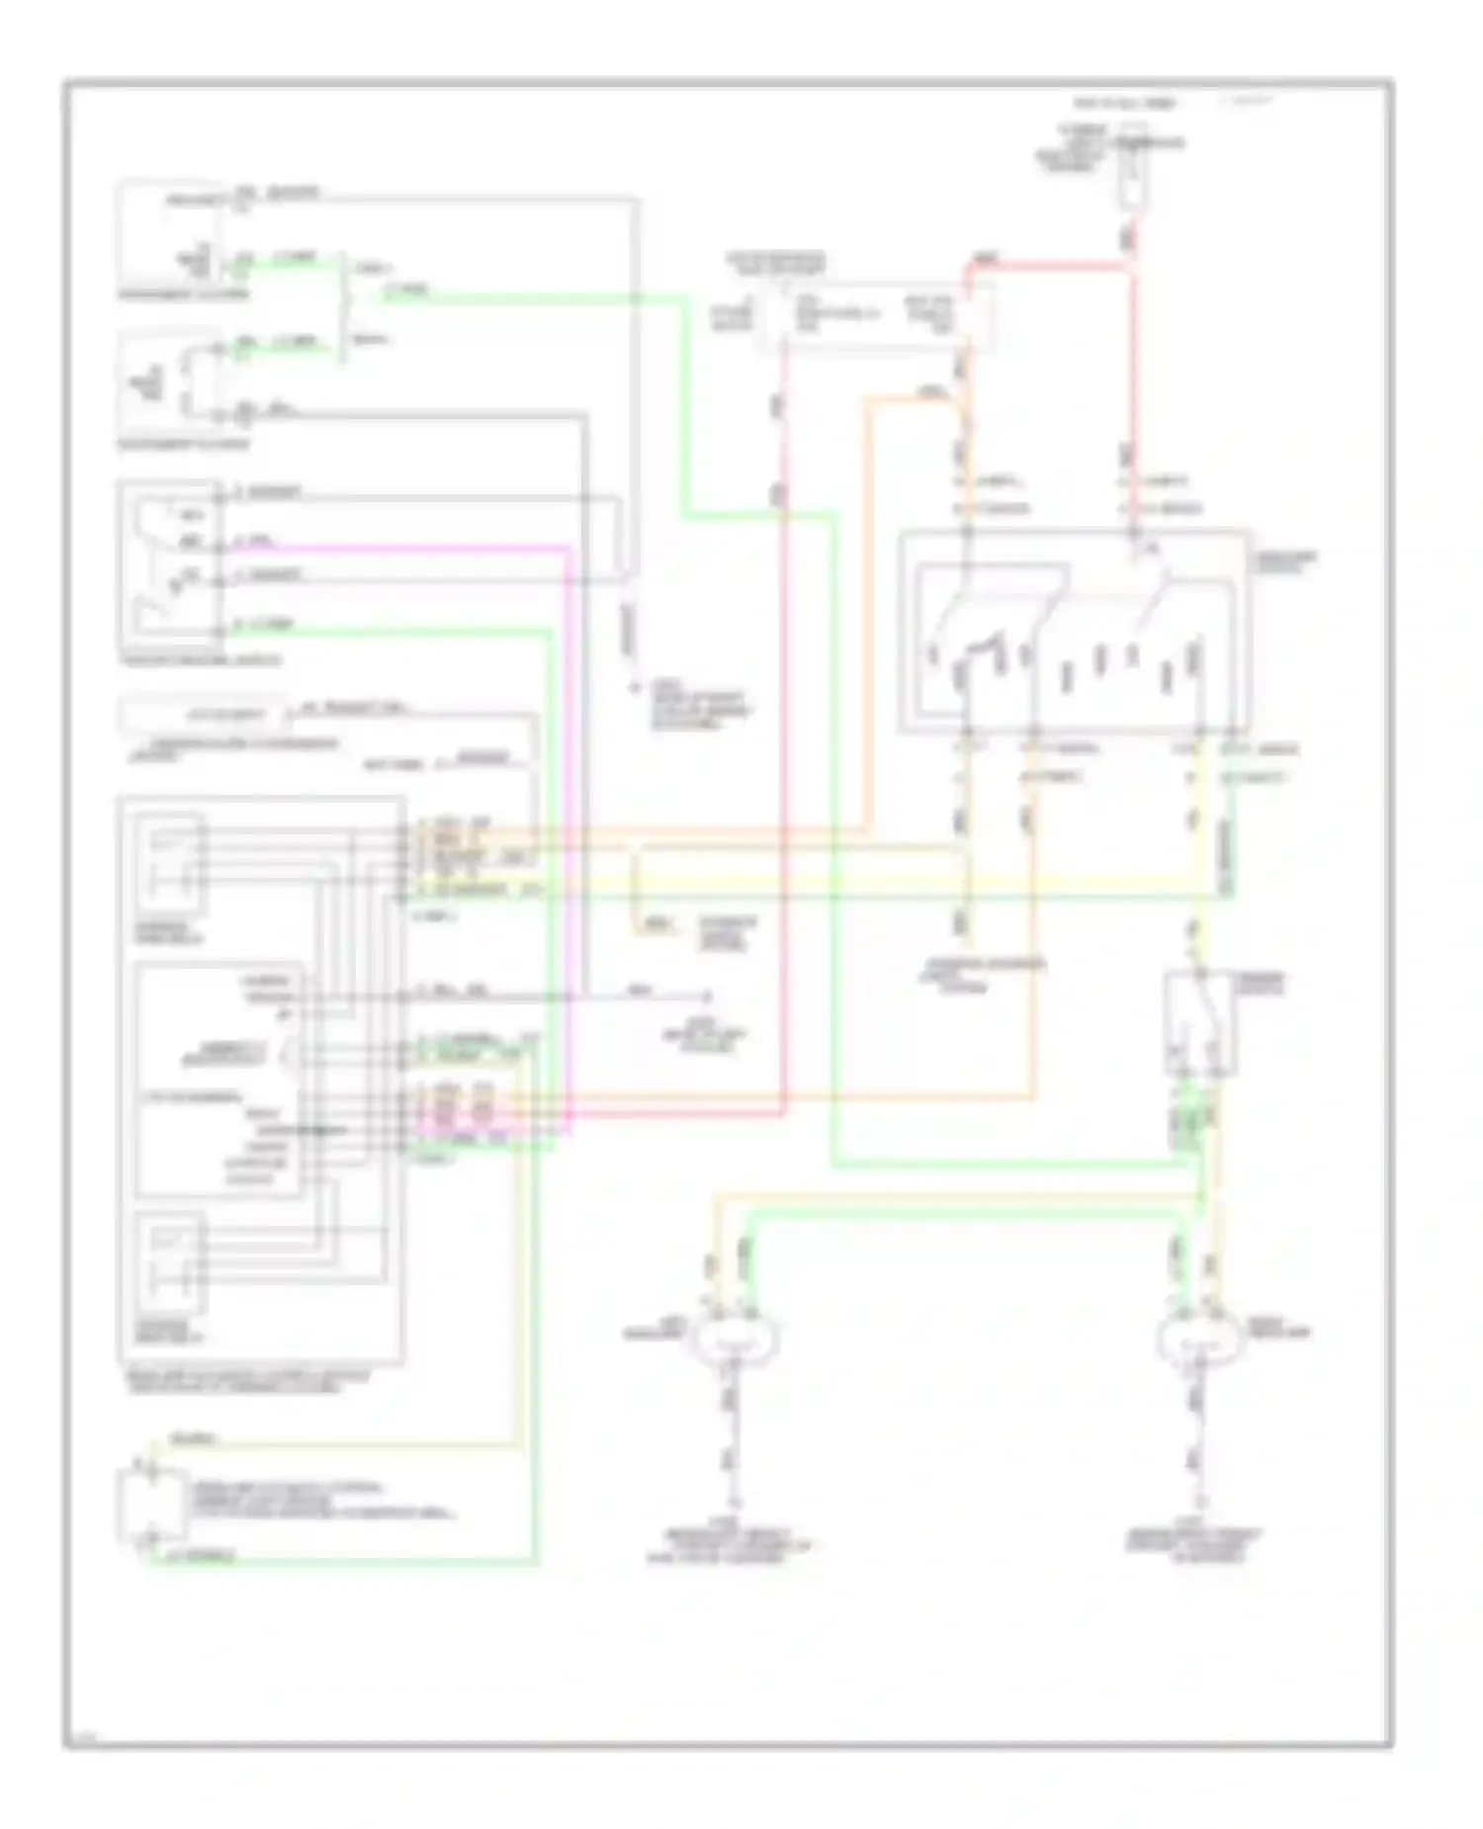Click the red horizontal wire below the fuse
point(1048,265)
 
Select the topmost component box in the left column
point(170,233)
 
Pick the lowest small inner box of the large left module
point(170,1262)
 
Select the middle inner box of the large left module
point(218,1080)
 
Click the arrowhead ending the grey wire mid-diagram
point(708,997)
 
